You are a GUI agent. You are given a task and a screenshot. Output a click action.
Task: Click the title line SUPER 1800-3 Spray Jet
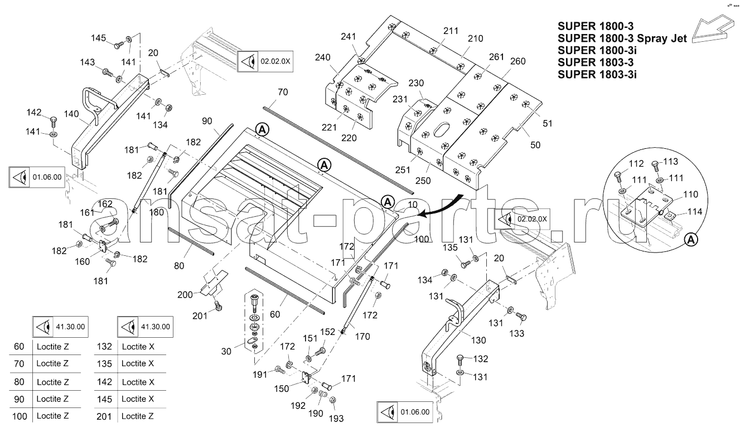(622, 38)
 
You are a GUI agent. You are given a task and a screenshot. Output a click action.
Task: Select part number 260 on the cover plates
(517, 61)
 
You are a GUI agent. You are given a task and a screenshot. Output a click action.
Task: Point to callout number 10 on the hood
(413, 205)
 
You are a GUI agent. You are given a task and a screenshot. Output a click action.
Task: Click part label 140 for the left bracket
(71, 114)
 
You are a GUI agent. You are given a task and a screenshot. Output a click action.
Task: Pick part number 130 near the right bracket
(478, 340)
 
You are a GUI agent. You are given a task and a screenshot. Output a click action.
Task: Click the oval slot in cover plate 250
(441, 130)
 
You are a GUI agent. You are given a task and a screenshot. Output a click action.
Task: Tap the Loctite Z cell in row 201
(137, 416)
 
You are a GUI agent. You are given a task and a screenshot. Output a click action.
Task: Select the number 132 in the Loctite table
(104, 346)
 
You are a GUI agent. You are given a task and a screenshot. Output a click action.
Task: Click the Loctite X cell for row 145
(138, 399)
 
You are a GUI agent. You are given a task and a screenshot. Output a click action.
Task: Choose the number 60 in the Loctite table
(19, 346)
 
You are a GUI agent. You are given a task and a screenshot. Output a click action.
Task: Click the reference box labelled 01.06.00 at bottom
(405, 412)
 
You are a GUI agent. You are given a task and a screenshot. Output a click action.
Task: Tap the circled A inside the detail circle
(691, 240)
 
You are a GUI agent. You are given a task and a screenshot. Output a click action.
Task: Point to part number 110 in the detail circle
(690, 194)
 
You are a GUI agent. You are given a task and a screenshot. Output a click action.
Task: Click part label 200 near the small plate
(185, 294)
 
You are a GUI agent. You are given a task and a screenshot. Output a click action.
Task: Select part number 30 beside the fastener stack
(226, 351)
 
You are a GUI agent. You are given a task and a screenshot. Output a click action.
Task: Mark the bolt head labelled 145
(118, 46)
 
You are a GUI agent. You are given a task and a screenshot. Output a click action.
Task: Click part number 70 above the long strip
(283, 92)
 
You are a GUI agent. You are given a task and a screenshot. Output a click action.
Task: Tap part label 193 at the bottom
(336, 419)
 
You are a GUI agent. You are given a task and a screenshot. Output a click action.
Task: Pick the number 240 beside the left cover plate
(323, 57)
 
